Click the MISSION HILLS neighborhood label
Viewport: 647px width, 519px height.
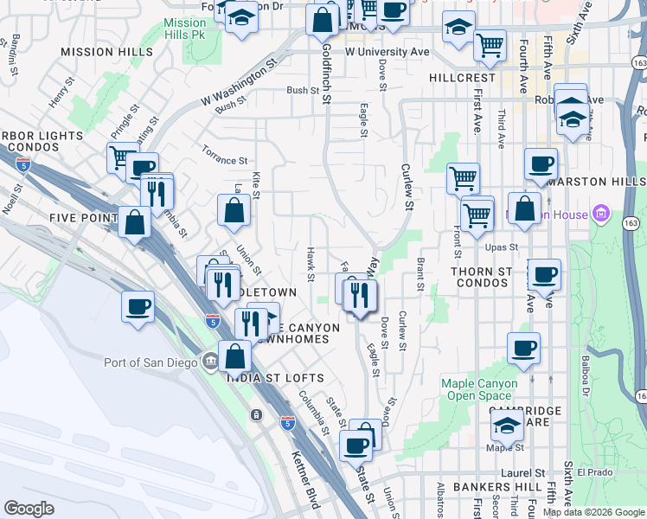106,52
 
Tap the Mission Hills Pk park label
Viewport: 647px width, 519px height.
185,29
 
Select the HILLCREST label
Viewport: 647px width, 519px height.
463,77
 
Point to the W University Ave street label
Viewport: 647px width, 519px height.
387,52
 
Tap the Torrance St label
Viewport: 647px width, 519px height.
224,161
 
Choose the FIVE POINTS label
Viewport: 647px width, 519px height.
82,217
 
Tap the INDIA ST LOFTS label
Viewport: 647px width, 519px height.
275,378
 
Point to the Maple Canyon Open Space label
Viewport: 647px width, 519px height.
479,389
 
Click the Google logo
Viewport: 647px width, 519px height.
29,509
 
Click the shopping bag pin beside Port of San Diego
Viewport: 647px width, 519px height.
234,356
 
